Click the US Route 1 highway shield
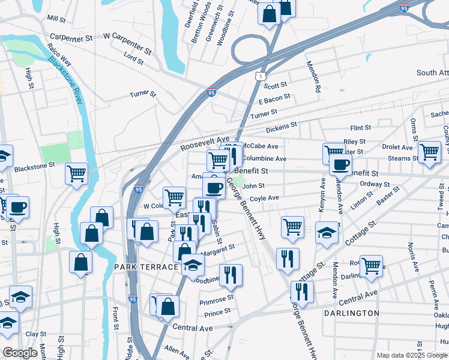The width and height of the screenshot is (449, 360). (259, 76)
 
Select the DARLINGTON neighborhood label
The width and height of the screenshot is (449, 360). (351, 313)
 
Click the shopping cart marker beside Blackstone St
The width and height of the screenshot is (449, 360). (76, 174)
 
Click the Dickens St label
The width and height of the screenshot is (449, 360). (282, 127)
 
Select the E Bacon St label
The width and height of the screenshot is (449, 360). (274, 97)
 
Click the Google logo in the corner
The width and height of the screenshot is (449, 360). (20, 353)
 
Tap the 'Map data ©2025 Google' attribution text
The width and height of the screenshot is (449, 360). (412, 355)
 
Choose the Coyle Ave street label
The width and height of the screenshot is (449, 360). (265, 198)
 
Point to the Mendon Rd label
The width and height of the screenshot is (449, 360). (313, 76)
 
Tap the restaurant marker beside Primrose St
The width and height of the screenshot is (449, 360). (231, 275)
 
